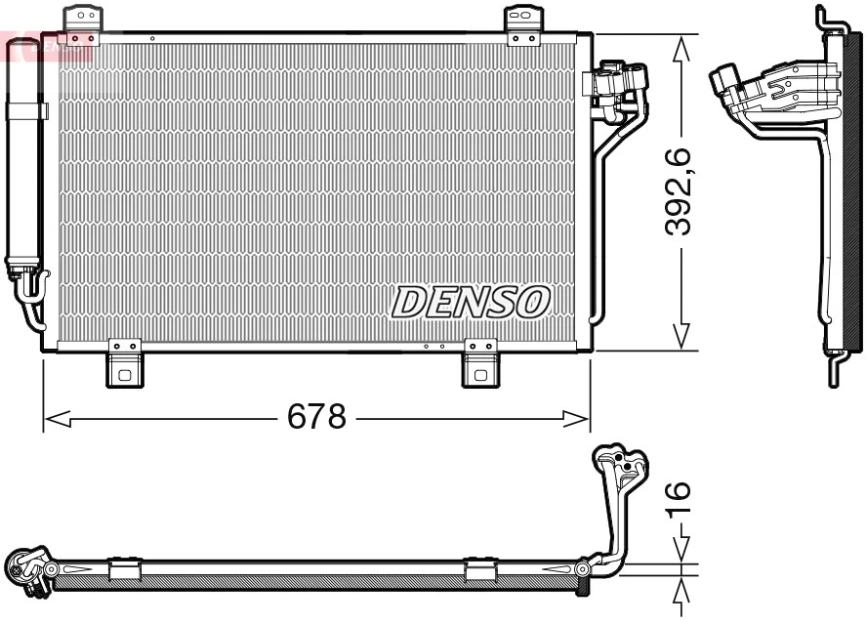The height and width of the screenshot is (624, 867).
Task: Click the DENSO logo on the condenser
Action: [471, 302]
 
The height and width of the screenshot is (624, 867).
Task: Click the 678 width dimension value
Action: [316, 418]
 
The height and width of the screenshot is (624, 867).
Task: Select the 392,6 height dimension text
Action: [678, 191]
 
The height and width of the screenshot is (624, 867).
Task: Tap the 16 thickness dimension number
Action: [678, 499]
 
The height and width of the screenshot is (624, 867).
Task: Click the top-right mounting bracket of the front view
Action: [523, 23]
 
